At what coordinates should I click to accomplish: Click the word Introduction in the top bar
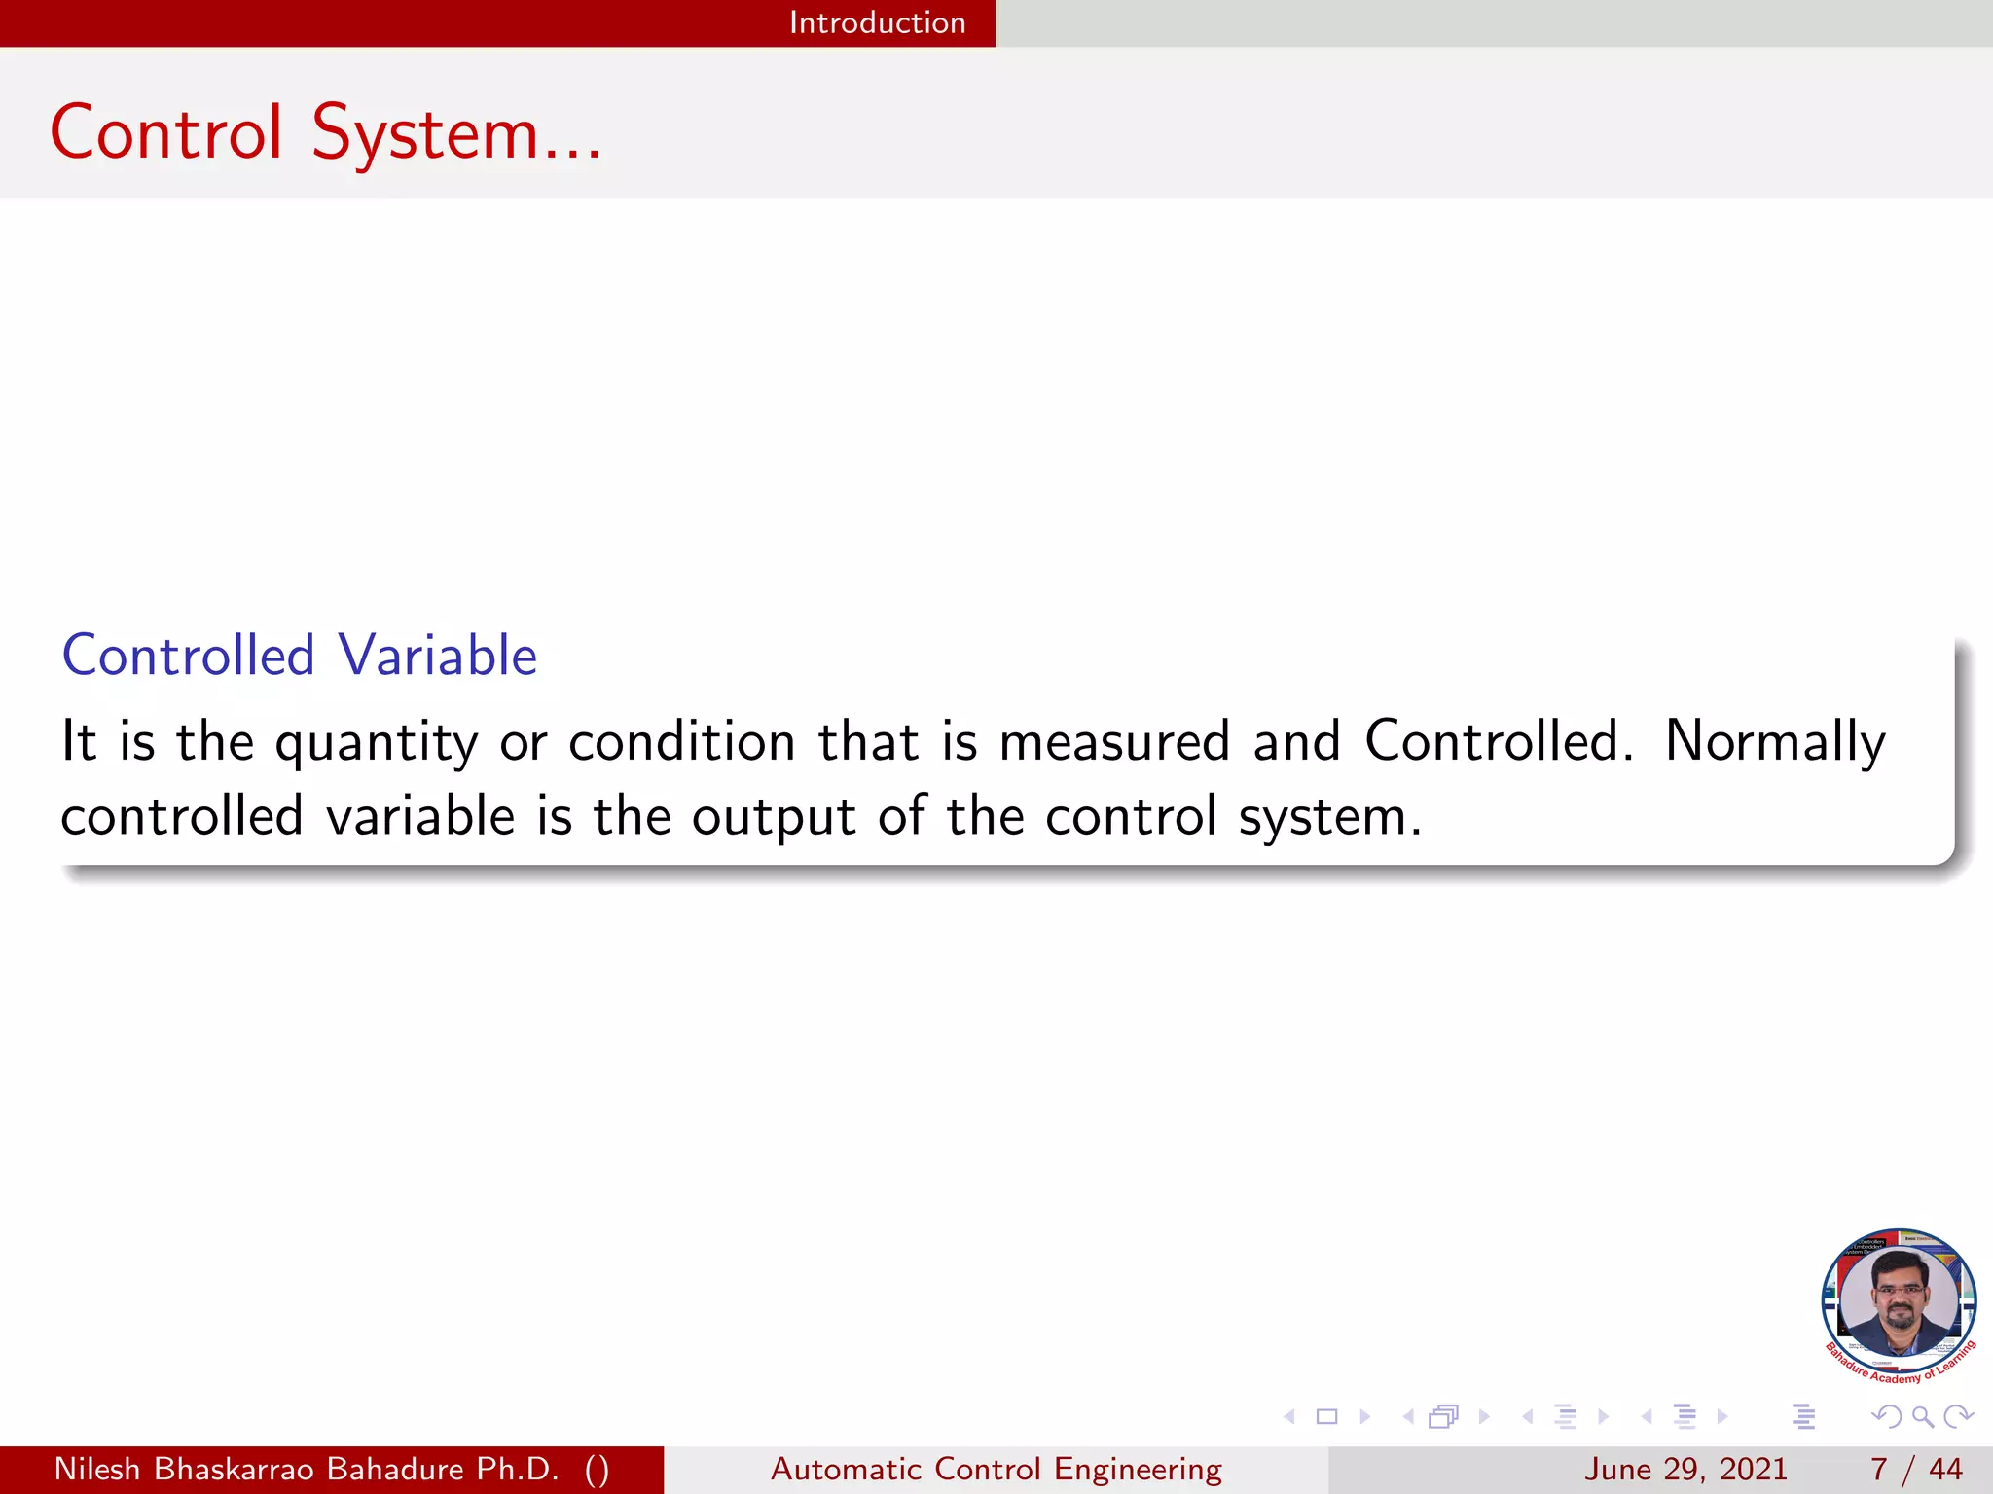pos(877,22)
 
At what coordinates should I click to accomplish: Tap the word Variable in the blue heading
pos(438,656)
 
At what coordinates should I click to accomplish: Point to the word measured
pos(1115,741)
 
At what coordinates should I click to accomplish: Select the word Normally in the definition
pos(1775,743)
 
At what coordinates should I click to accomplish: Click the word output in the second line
pos(774,817)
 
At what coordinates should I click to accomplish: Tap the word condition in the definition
pos(682,741)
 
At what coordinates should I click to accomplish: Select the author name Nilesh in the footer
pos(97,1469)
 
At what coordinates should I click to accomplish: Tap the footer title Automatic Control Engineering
pos(996,1469)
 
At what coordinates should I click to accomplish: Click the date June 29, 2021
pos(1685,1469)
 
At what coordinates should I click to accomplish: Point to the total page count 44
pos(1945,1469)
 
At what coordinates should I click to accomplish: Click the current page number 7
pos(1878,1469)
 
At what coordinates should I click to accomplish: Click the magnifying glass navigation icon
pos(1922,1417)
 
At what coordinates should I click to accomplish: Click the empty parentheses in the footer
pos(598,1469)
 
